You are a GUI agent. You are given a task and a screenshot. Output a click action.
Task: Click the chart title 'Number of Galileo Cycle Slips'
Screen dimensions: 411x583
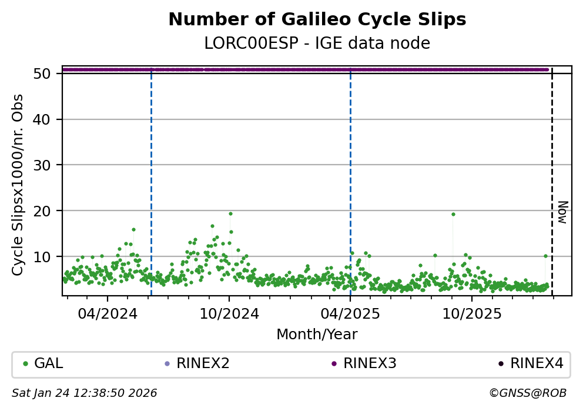point(317,20)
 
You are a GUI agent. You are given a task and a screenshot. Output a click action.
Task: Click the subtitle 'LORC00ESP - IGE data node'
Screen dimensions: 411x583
point(317,44)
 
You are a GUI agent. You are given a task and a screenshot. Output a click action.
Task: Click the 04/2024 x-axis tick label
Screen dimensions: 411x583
point(107,313)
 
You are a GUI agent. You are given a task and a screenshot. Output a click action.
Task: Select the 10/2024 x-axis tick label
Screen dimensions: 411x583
point(229,313)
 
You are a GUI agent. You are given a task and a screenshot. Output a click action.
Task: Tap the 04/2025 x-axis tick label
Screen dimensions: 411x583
point(350,313)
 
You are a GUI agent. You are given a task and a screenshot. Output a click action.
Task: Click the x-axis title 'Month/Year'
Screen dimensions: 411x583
point(317,335)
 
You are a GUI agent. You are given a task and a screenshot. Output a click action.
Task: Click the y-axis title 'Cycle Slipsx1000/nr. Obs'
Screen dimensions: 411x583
point(18,185)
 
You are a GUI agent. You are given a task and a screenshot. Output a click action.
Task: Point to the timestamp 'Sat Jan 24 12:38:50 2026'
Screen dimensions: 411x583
point(85,393)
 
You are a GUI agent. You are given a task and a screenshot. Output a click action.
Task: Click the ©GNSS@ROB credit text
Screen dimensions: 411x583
point(527,393)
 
